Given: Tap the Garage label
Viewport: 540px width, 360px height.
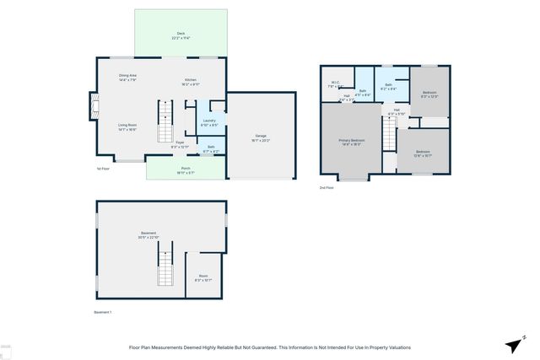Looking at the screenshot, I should point(261,137).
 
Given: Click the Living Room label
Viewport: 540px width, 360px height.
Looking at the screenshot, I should point(127,127).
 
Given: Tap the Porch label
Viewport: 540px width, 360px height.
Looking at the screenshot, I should point(186,169).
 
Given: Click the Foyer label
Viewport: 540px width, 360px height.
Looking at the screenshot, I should point(180,145).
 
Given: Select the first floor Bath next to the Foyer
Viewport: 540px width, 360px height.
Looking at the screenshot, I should point(211,149).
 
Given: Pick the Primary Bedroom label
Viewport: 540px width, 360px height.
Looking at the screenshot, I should point(352,142).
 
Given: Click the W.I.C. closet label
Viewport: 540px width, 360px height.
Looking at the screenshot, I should point(334,84).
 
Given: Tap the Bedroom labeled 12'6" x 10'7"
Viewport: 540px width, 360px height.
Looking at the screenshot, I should point(423,153).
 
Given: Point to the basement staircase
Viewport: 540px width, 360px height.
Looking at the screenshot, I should point(165,271).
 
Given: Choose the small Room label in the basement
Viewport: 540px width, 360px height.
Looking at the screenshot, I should point(203,277).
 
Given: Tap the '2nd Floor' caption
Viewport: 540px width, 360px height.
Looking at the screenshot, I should point(327,188).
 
